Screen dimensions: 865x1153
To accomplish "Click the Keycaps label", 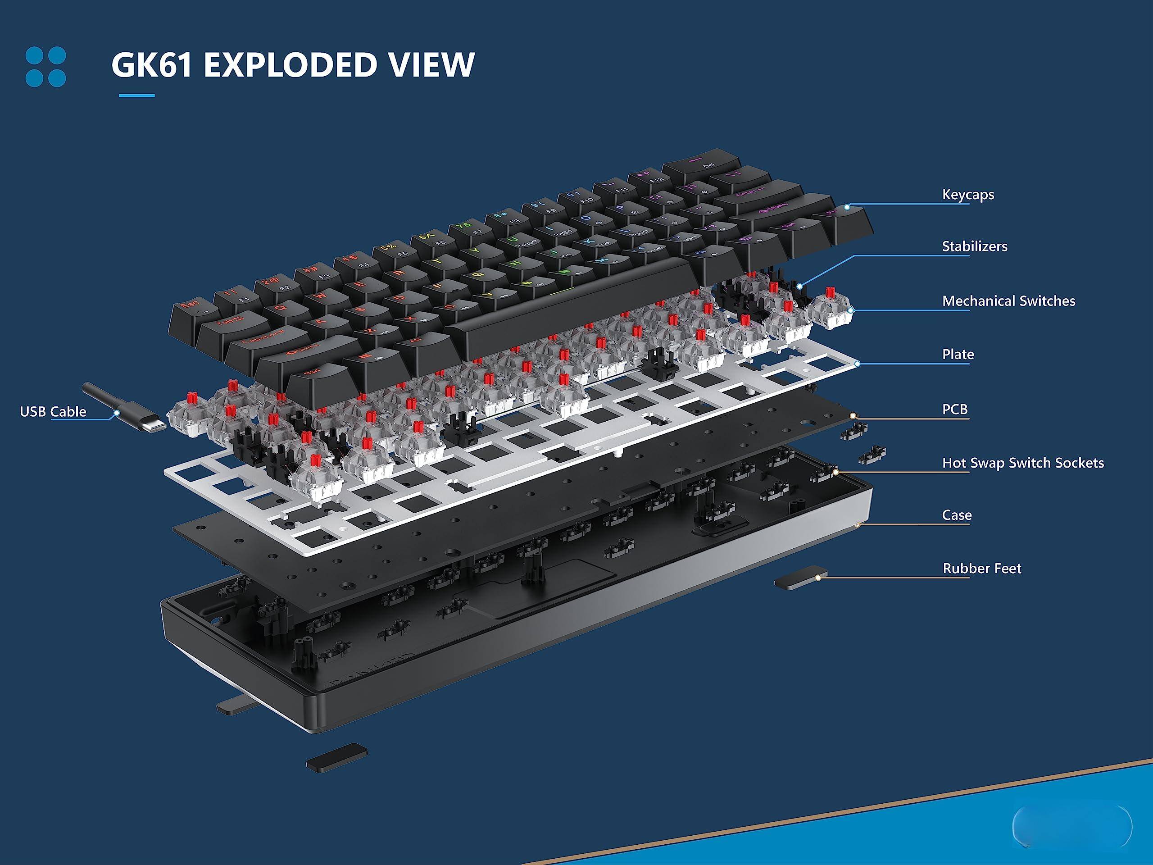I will (967, 195).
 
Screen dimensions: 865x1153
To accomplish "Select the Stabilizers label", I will (974, 246).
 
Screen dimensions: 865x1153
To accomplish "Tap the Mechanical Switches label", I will (1008, 301).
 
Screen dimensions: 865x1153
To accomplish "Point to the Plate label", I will (958, 355).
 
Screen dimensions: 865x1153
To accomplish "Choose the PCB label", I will (954, 409).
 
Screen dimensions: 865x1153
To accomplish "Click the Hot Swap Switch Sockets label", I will (1023, 463).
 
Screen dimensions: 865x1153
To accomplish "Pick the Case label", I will (957, 515).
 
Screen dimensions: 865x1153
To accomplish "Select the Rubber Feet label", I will (981, 568).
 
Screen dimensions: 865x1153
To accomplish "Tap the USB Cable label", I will (53, 411).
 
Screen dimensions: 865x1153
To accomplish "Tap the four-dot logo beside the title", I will (46, 67).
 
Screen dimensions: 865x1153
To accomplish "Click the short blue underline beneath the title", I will (136, 96).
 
